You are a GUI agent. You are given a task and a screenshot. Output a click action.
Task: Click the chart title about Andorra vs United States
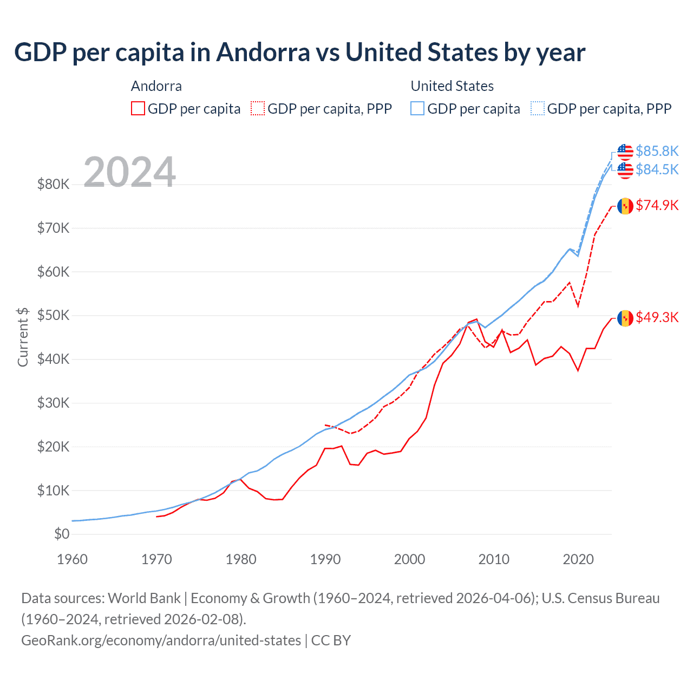pyautogui.click(x=299, y=53)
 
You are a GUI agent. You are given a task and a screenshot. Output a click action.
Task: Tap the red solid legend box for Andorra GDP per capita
pyautogui.click(x=138, y=108)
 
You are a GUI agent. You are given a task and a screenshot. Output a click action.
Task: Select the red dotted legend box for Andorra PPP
pyautogui.click(x=258, y=108)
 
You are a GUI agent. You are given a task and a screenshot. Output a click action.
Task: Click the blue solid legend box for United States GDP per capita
pyautogui.click(x=417, y=108)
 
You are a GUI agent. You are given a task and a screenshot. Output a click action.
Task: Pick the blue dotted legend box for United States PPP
pyautogui.click(x=538, y=108)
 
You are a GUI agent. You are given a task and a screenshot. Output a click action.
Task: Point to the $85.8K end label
pyautogui.click(x=657, y=151)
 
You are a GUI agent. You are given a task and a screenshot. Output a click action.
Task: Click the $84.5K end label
pyautogui.click(x=657, y=170)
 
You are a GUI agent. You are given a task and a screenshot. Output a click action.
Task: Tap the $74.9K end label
pyautogui.click(x=657, y=206)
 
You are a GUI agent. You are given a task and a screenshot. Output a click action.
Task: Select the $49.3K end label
pyautogui.click(x=657, y=318)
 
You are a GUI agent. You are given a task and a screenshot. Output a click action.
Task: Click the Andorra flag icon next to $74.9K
pyautogui.click(x=625, y=206)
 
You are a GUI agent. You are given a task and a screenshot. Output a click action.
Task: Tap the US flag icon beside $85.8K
pyautogui.click(x=625, y=151)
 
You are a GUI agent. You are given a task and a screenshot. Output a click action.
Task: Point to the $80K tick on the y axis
pyautogui.click(x=54, y=185)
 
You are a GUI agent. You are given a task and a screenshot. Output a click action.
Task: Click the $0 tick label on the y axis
pyautogui.click(x=62, y=534)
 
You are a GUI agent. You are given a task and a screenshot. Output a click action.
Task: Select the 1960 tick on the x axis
pyautogui.click(x=72, y=559)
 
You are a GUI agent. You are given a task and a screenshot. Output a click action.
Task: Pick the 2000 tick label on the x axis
pyautogui.click(x=409, y=559)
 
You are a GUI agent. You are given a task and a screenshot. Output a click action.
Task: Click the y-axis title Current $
pyautogui.click(x=23, y=337)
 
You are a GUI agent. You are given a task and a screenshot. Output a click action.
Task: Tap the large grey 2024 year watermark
pyautogui.click(x=129, y=172)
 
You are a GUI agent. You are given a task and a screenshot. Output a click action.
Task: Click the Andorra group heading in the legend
pyautogui.click(x=156, y=86)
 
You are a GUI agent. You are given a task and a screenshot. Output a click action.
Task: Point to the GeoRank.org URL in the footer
pyautogui.click(x=161, y=640)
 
